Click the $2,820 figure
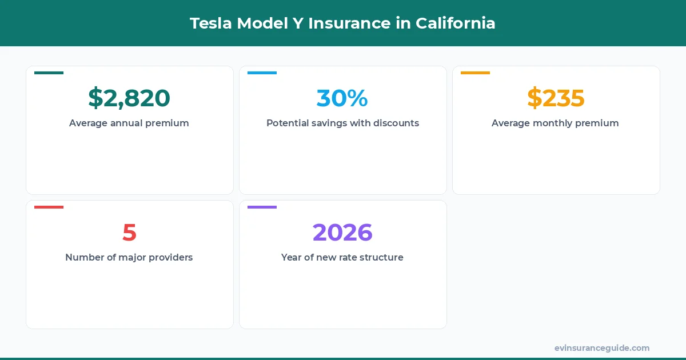[x=129, y=98]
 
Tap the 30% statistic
[x=342, y=98]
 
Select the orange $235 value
[x=556, y=98]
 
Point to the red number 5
[x=129, y=233]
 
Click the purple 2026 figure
[x=342, y=233]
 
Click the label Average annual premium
[x=129, y=123]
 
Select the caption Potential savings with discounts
[x=342, y=123]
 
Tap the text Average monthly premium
[x=555, y=123]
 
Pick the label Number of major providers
[x=129, y=257]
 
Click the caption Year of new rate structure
[x=342, y=257]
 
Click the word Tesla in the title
[x=210, y=23]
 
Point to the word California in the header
[x=455, y=23]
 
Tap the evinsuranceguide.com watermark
[x=601, y=348]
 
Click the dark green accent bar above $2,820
[x=49, y=73]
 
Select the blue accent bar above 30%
[x=262, y=73]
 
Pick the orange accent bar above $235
[x=475, y=73]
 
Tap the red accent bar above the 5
[x=49, y=207]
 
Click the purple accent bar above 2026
[x=262, y=207]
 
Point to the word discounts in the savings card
[x=396, y=123]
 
